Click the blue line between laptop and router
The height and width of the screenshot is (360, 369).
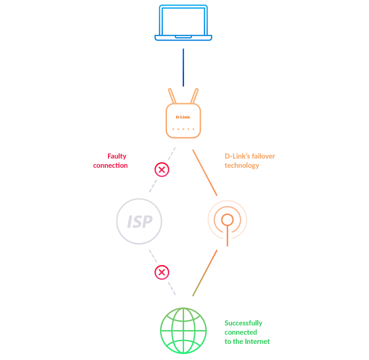coord(183,67)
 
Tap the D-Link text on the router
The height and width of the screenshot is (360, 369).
coord(183,117)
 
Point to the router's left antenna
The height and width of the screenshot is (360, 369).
coord(172,96)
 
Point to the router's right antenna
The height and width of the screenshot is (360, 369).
coord(195,96)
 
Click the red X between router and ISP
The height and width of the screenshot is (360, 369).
coord(162,170)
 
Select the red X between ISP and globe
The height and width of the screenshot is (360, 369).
coord(162,272)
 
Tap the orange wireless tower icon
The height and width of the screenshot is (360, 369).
coord(227,224)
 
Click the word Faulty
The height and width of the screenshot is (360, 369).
coord(117,156)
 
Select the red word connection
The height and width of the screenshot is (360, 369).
coord(110,165)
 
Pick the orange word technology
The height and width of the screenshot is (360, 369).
coord(242,166)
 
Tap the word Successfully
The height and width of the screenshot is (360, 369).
coord(244,323)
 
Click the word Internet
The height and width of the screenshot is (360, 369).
coord(258,342)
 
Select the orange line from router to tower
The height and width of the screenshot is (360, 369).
coord(205,172)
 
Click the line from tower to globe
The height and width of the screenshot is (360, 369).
coord(205,273)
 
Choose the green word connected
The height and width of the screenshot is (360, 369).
coord(241,332)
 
